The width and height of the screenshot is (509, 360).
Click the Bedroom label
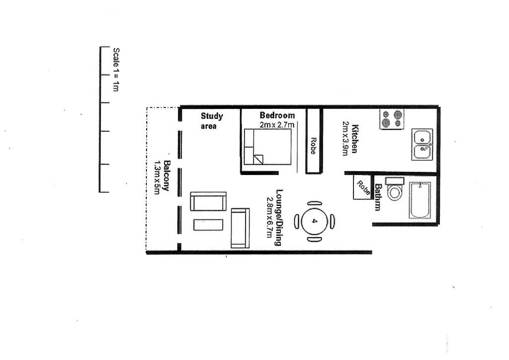click(x=277, y=115)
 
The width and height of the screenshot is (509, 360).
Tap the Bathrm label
click(x=378, y=197)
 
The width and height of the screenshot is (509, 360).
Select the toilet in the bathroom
click(x=395, y=189)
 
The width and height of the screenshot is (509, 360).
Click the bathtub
click(x=420, y=200)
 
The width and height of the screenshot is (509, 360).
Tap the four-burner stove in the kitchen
click(x=392, y=119)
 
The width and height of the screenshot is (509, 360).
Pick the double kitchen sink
click(x=422, y=144)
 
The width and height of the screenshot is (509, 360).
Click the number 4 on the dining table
click(x=314, y=221)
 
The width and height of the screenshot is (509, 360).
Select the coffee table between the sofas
click(x=208, y=224)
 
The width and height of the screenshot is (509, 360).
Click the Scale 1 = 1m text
click(x=116, y=70)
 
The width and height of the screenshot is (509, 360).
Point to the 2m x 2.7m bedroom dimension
click(x=277, y=125)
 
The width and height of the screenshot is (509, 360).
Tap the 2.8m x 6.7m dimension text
click(x=270, y=217)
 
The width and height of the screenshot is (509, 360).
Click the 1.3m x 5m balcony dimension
click(x=157, y=177)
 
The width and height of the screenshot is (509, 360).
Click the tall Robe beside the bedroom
click(x=313, y=146)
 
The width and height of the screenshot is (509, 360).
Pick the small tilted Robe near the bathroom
click(x=363, y=188)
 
